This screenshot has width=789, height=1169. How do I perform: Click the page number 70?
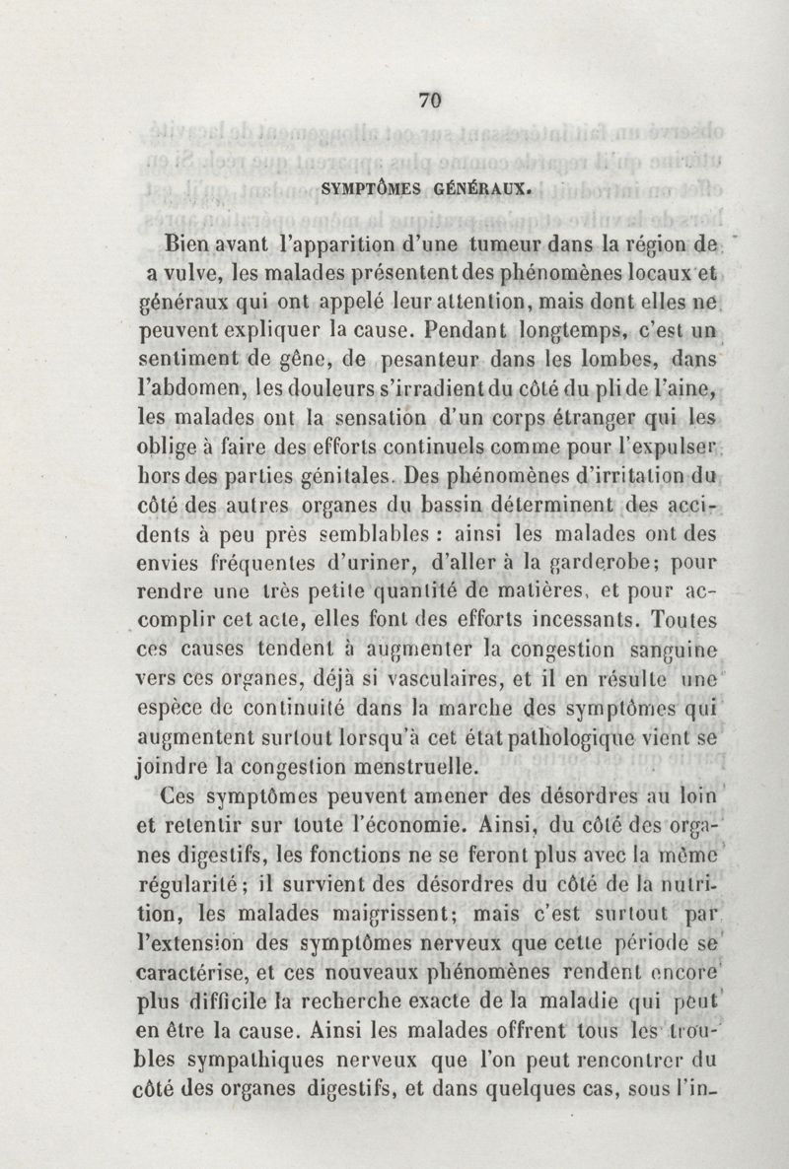tap(429, 100)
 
